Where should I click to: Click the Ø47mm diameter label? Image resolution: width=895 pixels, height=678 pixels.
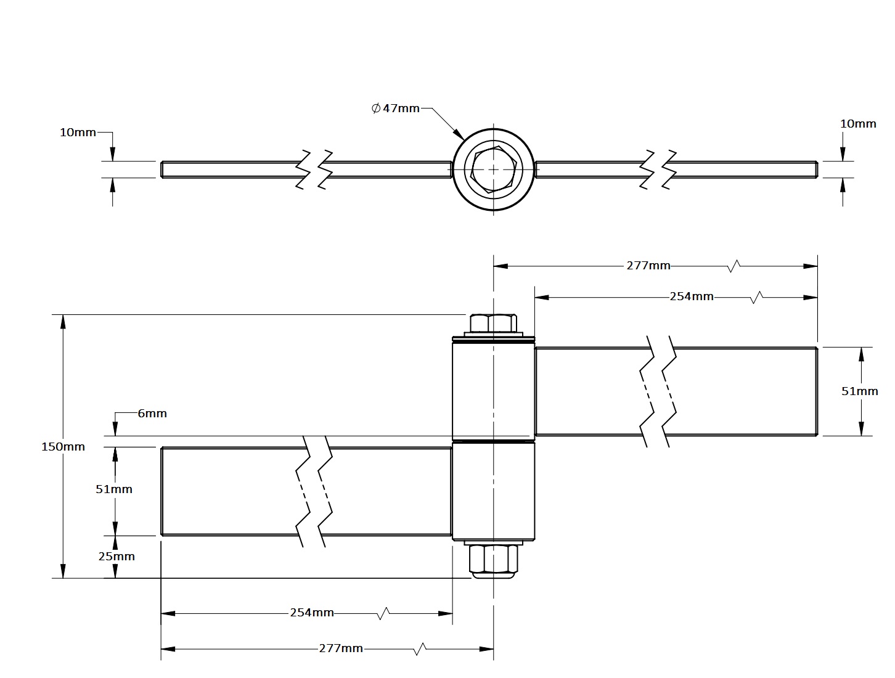(x=395, y=108)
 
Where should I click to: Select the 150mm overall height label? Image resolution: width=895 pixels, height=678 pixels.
(x=63, y=447)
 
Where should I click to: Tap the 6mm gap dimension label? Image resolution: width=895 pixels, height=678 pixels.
(x=152, y=414)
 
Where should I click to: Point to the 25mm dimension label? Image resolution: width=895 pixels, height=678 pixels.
(x=116, y=557)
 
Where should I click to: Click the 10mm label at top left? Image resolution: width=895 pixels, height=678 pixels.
(x=78, y=133)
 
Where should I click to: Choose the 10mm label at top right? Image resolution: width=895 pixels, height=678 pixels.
(x=858, y=124)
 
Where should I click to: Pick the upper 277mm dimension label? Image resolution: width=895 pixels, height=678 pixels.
(x=648, y=266)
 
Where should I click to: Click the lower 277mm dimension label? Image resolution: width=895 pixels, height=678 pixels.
(x=341, y=648)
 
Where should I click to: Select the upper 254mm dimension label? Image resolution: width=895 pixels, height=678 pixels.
(x=692, y=297)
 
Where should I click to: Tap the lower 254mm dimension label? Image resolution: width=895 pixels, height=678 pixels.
(x=312, y=613)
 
